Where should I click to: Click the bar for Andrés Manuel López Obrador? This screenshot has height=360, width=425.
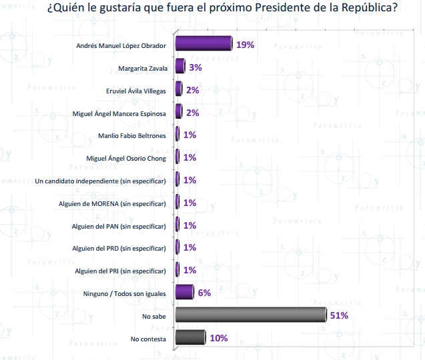point(203,44)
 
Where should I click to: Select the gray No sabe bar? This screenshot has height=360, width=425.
point(250,315)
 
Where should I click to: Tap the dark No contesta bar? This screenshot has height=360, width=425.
point(190,338)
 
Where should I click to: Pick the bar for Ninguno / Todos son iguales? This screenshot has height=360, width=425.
point(184,293)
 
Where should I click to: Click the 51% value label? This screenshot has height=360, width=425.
point(338,315)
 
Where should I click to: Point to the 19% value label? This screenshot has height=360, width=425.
point(245,45)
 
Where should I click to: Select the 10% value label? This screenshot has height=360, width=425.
point(218,338)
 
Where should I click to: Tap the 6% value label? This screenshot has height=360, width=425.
point(203,293)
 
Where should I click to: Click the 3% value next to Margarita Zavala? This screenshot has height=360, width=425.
point(194,67)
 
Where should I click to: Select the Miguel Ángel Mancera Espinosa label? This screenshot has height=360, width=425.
point(119,113)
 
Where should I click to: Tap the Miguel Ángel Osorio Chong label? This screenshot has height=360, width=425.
point(126,159)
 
